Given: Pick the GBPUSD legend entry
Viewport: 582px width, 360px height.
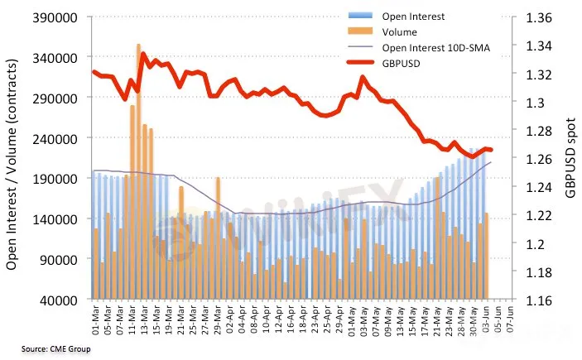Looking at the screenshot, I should click(401, 64).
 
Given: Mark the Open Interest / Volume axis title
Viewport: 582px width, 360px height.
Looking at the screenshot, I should click(13, 158).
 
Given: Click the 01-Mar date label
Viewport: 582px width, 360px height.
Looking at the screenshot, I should click(96, 318).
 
